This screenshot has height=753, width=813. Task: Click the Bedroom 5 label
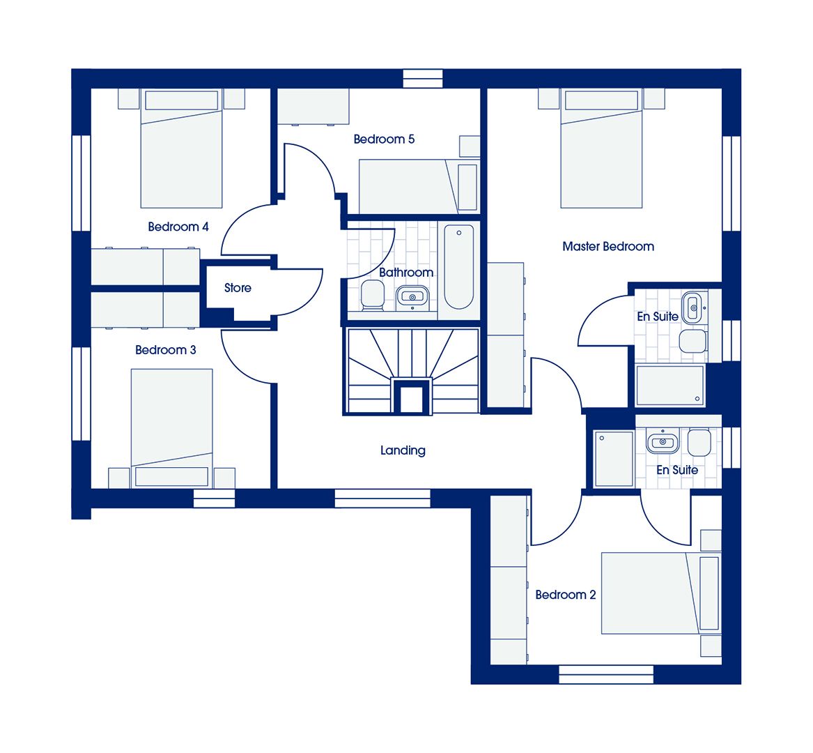pyautogui.click(x=384, y=139)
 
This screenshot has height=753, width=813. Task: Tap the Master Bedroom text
pyautogui.click(x=608, y=247)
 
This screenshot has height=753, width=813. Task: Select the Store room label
pyautogui.click(x=238, y=288)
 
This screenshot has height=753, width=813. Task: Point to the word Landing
pyautogui.click(x=403, y=450)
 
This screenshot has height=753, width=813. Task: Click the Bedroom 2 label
pyautogui.click(x=565, y=595)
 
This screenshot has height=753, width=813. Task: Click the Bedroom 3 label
pyautogui.click(x=165, y=350)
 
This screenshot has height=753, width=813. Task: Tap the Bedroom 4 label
pyautogui.click(x=178, y=227)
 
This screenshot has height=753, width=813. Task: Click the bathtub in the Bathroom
pyautogui.click(x=459, y=267)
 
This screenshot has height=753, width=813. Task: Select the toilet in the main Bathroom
pyautogui.click(x=372, y=296)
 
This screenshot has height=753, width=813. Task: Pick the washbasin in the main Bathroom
pyautogui.click(x=412, y=297)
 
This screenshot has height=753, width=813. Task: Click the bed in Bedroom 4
pyautogui.click(x=181, y=149)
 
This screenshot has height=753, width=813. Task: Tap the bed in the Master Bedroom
pyautogui.click(x=601, y=149)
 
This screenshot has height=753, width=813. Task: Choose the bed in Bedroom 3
pyautogui.click(x=171, y=428)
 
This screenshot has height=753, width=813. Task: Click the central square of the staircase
pyautogui.click(x=412, y=397)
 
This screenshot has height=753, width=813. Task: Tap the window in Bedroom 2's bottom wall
pyautogui.click(x=605, y=675)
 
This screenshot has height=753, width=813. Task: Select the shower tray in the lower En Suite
pyautogui.click(x=614, y=459)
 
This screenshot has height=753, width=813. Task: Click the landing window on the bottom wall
pyautogui.click(x=382, y=499)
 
